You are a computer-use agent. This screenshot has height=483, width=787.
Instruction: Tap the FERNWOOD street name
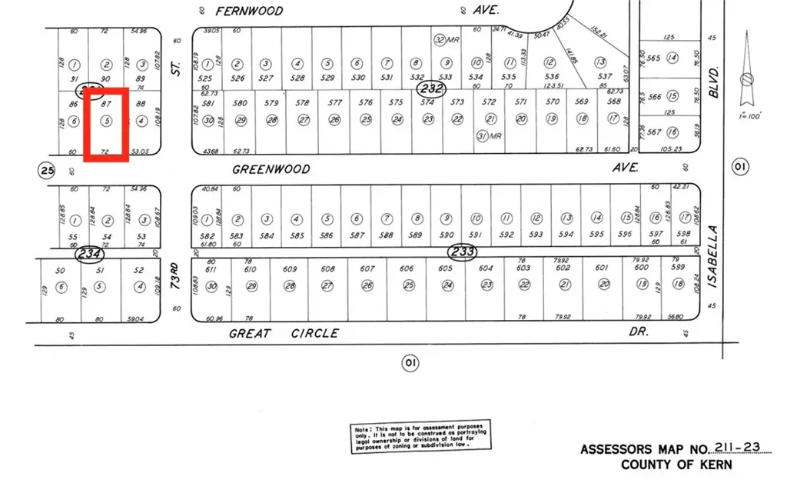pyautogui.click(x=249, y=11)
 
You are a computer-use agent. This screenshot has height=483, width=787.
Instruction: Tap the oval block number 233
pyautogui.click(x=463, y=252)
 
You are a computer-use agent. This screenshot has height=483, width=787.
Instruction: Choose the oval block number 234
pyautogui.click(x=89, y=252)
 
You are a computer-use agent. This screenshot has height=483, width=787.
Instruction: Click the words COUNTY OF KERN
pyautogui.click(x=676, y=465)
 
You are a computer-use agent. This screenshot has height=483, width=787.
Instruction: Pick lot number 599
pyautogui.click(x=677, y=268)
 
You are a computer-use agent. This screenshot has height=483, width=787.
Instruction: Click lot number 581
pyautogui.click(x=208, y=102)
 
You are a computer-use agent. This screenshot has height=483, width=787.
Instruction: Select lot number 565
pyautogui.click(x=654, y=58)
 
